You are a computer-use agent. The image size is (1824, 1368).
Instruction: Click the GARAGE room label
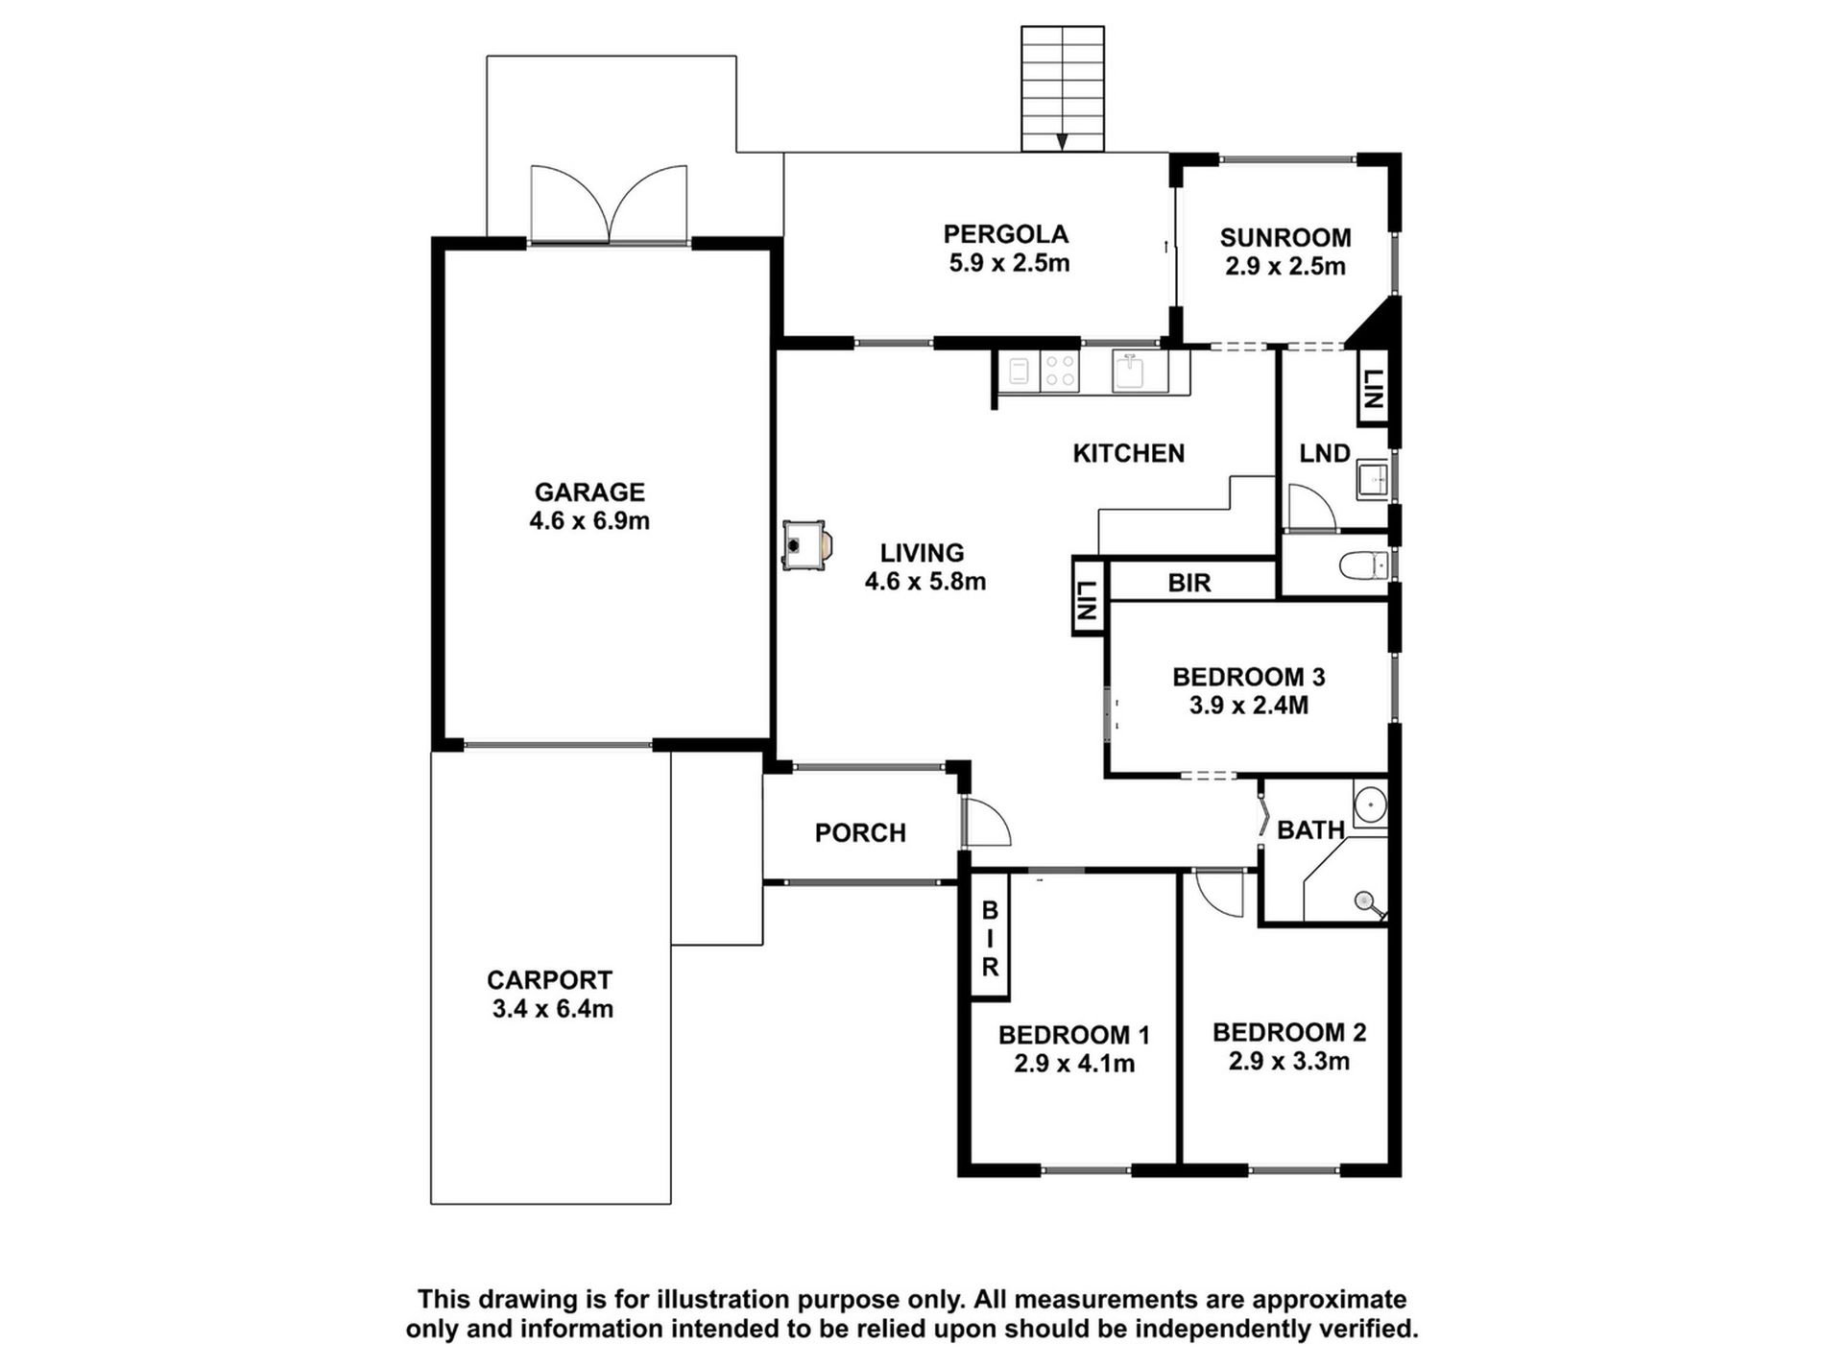coord(589,492)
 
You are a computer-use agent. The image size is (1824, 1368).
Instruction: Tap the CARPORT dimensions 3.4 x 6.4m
coord(552,1009)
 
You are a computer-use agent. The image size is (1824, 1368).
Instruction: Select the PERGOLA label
coord(1005,233)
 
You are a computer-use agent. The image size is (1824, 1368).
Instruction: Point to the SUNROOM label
coord(1285,237)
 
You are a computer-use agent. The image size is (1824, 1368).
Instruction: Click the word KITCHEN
coord(1129,453)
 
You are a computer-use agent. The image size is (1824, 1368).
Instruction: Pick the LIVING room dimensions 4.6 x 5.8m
coord(925,582)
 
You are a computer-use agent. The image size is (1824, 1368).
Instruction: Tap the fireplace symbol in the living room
coord(806,545)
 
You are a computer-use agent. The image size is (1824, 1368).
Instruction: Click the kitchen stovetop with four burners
coord(1061,372)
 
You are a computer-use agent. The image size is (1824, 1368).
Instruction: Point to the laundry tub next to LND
coord(1373,478)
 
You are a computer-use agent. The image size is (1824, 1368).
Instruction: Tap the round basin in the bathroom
coord(1370,802)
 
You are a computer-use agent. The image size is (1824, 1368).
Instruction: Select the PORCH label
coord(860,832)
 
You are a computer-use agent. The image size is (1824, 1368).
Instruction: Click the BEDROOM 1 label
coord(1073,1035)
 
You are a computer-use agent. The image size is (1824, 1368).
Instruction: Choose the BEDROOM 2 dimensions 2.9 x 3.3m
coord(1288,1061)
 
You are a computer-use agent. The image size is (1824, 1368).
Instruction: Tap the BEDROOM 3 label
coord(1248,677)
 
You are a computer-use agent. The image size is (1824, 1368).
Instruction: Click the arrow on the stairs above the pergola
coord(1062,141)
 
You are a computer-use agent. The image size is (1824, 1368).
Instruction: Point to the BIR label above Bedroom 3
coord(1189,583)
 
